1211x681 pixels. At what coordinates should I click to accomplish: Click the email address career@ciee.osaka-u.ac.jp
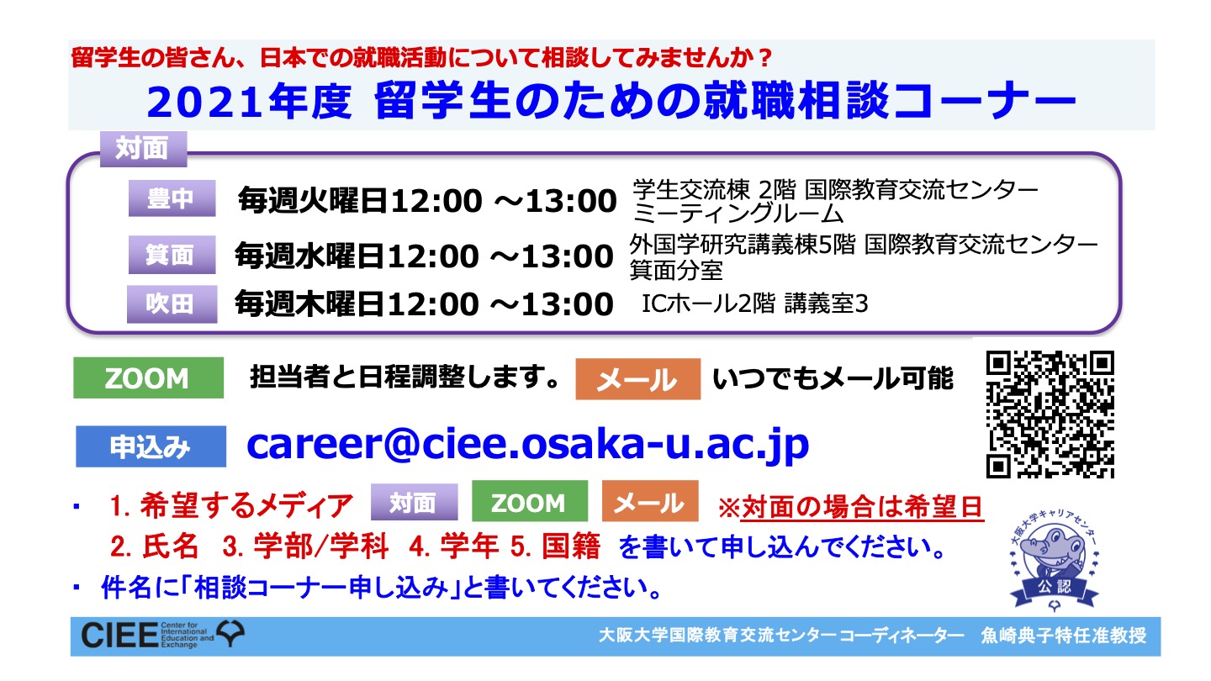point(527,445)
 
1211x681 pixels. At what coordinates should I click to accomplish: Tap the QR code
point(1050,414)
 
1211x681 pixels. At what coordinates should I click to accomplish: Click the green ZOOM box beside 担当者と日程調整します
point(149,377)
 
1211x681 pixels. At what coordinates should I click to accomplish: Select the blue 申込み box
point(151,446)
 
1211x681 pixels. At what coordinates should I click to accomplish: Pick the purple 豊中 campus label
point(172,198)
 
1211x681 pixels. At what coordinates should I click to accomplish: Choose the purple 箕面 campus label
point(172,255)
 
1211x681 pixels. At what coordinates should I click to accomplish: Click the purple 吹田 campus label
point(172,304)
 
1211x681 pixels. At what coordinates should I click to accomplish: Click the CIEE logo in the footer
point(162,635)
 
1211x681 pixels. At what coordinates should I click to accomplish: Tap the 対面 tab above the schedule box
point(143,149)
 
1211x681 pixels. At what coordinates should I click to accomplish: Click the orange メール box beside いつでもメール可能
point(638,379)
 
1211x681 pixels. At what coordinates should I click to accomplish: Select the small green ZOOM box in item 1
point(530,501)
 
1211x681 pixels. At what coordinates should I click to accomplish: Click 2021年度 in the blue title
point(249,102)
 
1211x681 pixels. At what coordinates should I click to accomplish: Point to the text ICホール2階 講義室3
point(754,304)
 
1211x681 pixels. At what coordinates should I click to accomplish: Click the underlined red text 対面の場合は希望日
point(862,507)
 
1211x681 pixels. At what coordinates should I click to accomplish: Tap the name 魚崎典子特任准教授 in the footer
point(1063,636)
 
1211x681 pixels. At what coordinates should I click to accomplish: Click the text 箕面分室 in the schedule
point(676,270)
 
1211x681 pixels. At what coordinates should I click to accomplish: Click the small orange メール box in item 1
point(650,501)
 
